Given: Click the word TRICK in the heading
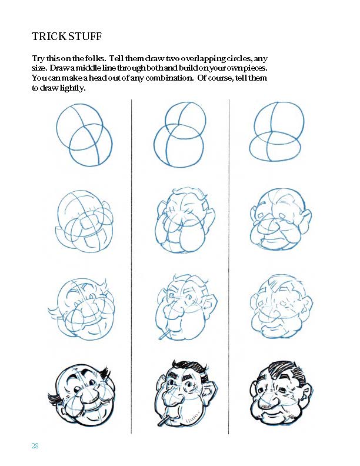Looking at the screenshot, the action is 49,36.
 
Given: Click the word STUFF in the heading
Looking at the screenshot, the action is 85,36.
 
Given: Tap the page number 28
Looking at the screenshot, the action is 35,446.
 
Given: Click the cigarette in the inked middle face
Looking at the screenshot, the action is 164,422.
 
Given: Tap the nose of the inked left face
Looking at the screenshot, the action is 88,394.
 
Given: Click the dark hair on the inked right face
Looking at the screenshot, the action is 282,371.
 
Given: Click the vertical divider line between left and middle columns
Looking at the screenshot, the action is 131,267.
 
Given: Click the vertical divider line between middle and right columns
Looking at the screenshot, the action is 229,267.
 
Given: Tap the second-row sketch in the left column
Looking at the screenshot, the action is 85,221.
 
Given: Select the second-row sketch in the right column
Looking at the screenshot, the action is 281,218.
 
